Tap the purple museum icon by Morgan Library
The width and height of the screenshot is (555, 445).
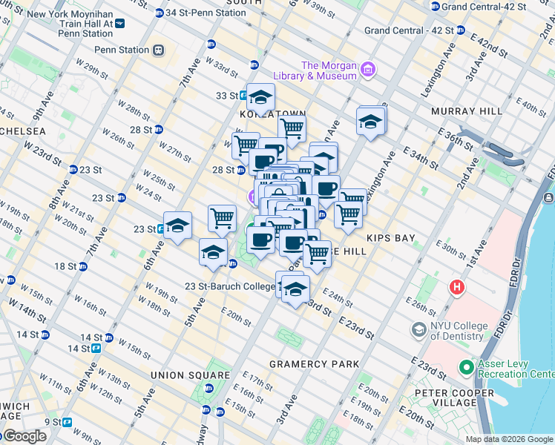tap(368, 70)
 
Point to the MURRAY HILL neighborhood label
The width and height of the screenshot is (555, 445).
tap(467, 111)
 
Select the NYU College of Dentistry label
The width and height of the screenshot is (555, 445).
tap(459, 332)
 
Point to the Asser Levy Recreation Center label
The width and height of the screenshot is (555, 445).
tap(513, 369)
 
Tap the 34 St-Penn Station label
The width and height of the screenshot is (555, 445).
tap(206, 13)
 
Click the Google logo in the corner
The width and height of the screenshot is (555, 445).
tap(24, 436)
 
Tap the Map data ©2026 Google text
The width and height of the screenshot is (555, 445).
tap(508, 439)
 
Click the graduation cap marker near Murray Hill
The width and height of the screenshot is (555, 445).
tap(370, 122)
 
